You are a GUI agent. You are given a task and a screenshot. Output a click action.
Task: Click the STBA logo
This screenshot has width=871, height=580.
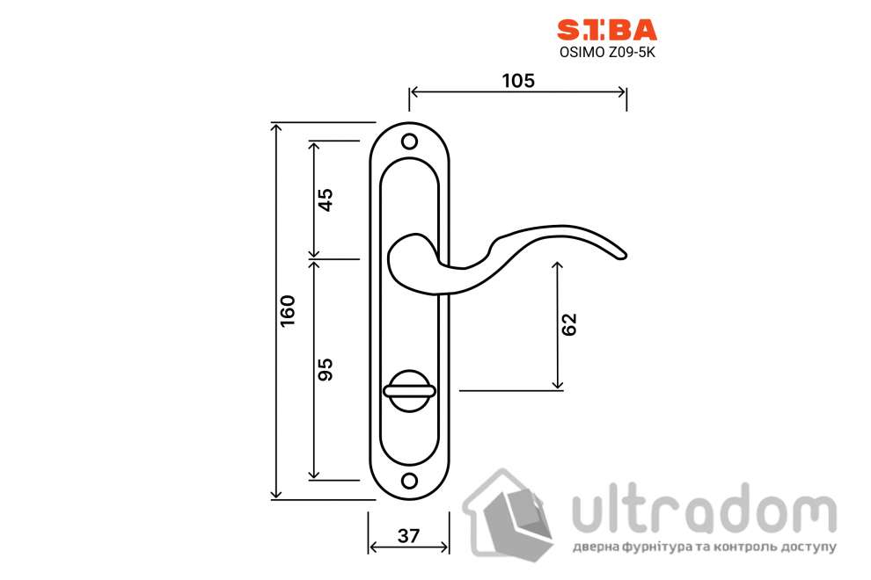(x=606, y=31)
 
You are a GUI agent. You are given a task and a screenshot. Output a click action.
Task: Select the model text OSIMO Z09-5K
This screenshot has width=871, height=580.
(x=606, y=52)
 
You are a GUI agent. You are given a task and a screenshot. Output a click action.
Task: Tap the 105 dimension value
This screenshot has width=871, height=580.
(x=518, y=80)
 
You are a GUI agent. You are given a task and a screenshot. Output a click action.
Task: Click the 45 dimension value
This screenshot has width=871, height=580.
(x=325, y=199)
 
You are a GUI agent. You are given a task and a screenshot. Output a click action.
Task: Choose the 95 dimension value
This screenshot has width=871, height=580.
(x=325, y=369)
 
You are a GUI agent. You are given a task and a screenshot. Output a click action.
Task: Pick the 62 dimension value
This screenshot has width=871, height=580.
(x=569, y=324)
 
